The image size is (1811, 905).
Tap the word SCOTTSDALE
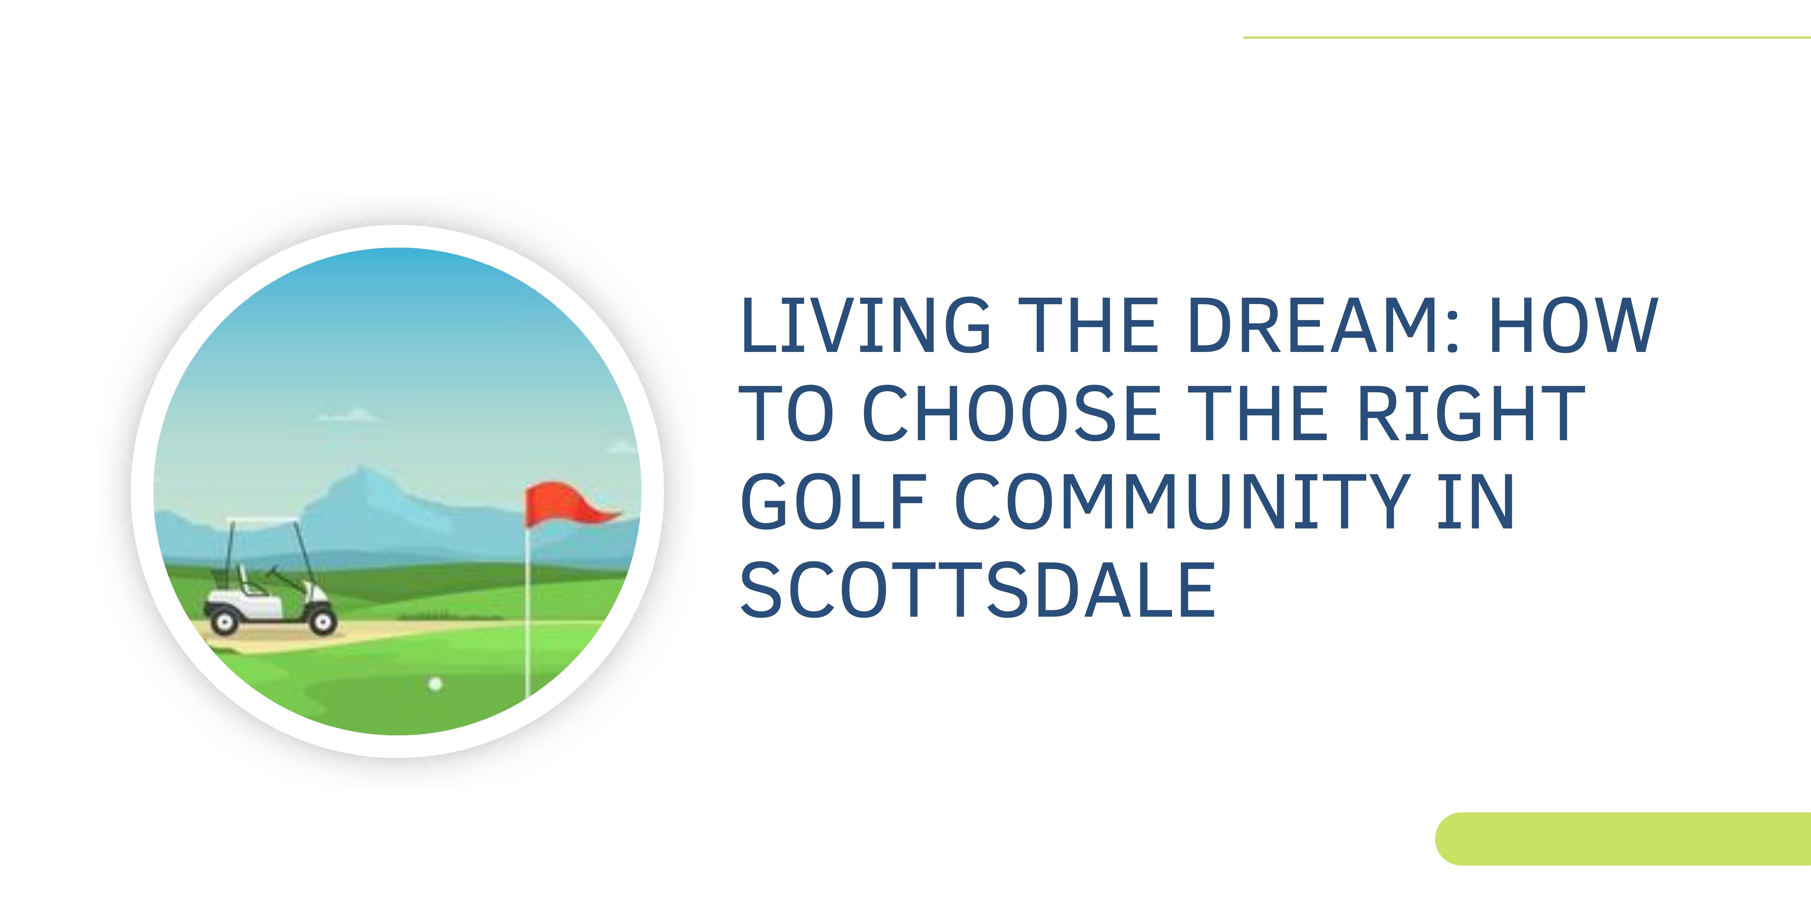(x=977, y=590)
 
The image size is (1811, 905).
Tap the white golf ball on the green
(x=436, y=683)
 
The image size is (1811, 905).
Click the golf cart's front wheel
(x=323, y=621)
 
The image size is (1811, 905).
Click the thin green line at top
(x=1526, y=37)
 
